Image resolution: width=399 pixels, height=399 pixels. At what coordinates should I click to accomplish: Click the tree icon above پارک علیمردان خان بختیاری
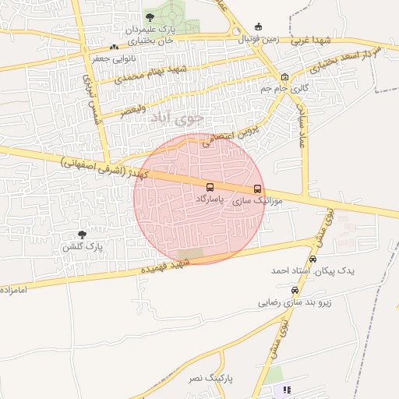(x=150, y=17)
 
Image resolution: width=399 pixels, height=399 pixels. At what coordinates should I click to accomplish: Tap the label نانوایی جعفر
(x=91, y=58)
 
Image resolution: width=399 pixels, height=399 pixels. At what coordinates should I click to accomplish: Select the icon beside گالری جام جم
(x=284, y=77)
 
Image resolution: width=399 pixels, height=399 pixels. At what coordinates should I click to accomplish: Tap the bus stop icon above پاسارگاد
(x=210, y=188)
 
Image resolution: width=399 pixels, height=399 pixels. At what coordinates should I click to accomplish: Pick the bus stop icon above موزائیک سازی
(x=258, y=189)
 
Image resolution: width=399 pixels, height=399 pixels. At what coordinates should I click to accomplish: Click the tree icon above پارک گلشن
(x=82, y=234)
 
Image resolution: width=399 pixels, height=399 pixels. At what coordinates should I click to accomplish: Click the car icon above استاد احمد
(x=313, y=259)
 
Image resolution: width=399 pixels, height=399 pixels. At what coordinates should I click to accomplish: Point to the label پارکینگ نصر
(x=207, y=378)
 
